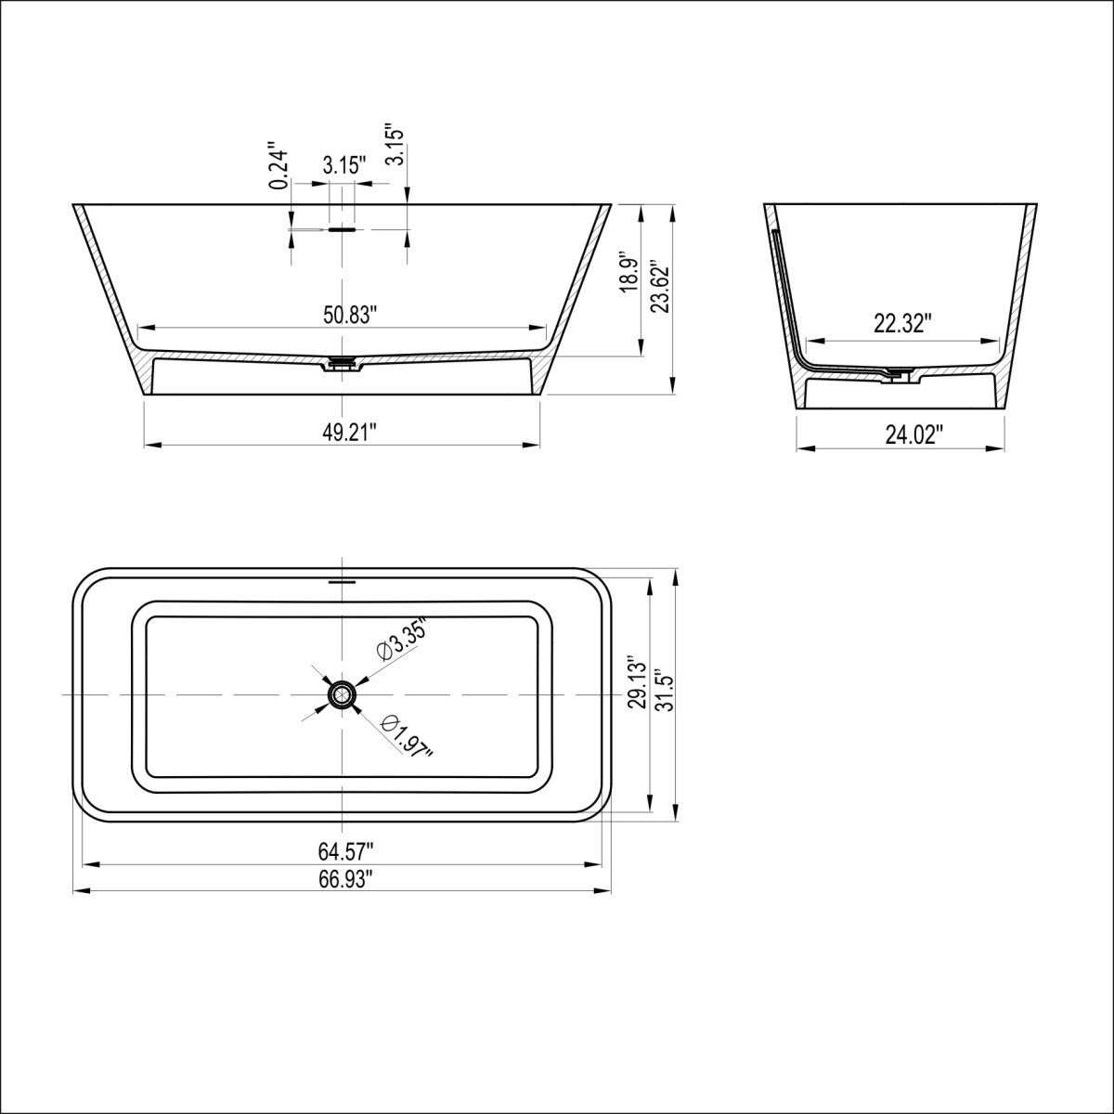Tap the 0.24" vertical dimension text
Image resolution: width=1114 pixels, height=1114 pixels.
[x=277, y=167]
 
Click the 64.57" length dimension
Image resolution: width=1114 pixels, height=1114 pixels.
[x=345, y=849]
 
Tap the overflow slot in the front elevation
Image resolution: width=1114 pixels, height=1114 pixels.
[x=343, y=227]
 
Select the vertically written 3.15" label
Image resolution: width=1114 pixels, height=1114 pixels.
[x=395, y=146]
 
